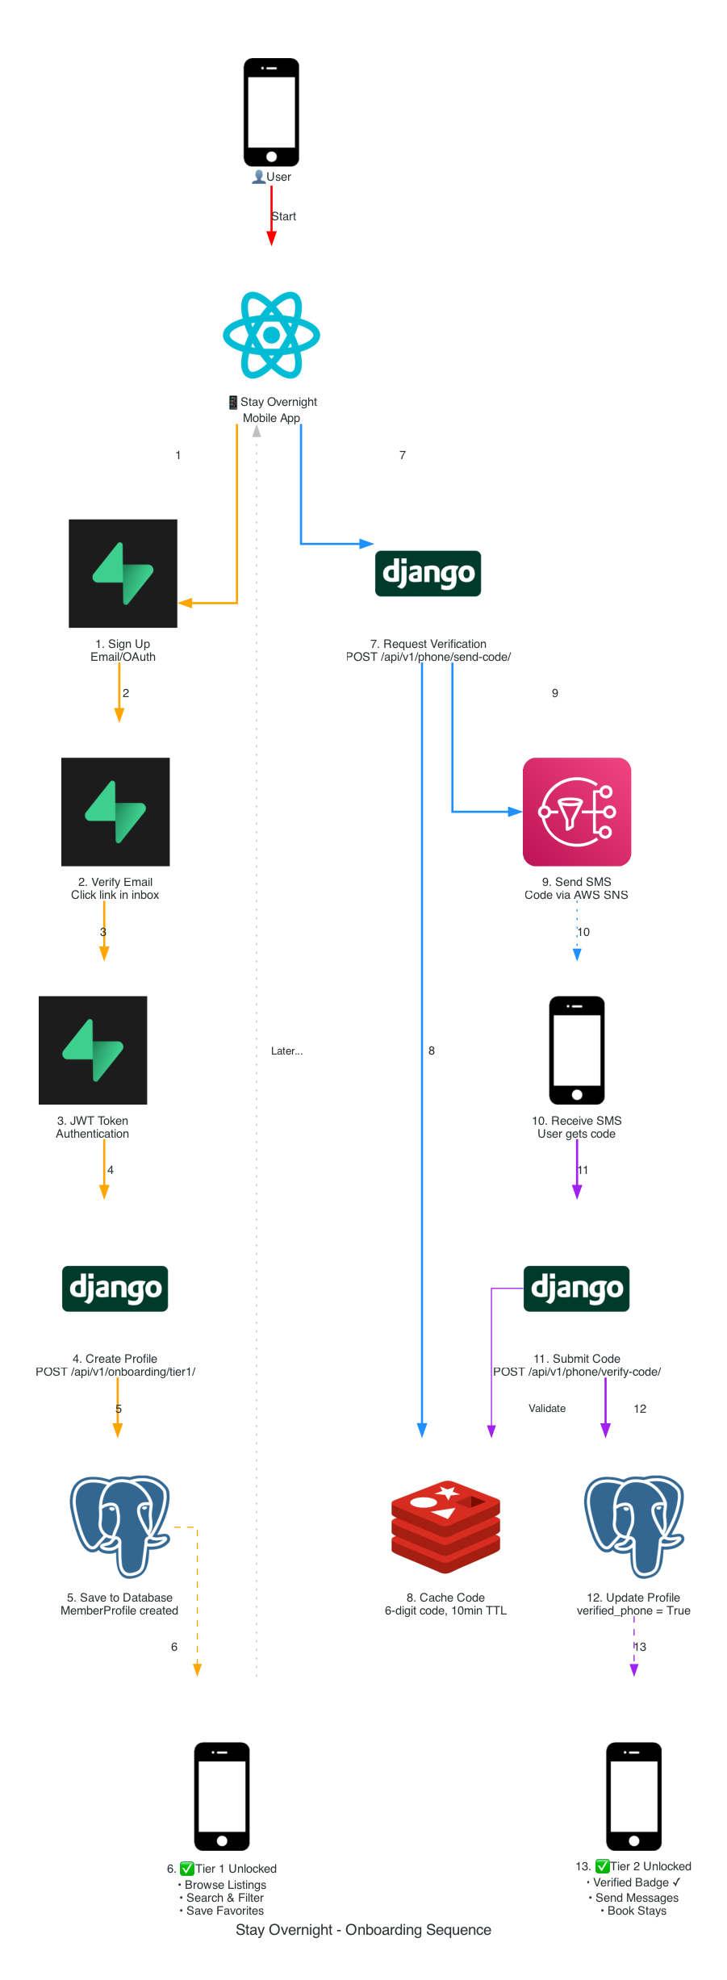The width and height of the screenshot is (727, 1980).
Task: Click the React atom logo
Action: point(271,335)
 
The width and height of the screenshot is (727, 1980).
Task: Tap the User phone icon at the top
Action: point(271,112)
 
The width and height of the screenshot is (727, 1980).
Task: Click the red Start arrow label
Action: point(283,216)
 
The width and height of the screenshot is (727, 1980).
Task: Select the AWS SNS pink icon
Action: point(576,812)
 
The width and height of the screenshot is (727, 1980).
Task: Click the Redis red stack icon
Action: point(445,1526)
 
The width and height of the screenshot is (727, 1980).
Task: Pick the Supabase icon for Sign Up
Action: point(123,574)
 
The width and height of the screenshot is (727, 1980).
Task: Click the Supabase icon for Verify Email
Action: point(115,812)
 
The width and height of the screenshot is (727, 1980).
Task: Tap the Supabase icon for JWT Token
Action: point(93,1050)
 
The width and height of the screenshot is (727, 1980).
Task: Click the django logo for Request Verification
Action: point(428,574)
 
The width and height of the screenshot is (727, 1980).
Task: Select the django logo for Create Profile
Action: point(115,1289)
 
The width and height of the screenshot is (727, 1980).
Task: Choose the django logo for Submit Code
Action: point(576,1289)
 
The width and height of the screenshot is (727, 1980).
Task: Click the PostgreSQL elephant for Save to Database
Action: point(120,1526)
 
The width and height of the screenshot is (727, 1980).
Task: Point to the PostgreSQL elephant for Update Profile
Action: point(633,1526)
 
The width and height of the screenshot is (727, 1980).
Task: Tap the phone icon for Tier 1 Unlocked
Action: point(222,1796)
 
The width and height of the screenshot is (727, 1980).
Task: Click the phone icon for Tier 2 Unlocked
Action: point(633,1796)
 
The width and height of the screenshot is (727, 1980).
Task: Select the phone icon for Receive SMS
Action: point(576,1050)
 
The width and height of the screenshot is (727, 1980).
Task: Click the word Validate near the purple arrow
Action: point(547,1408)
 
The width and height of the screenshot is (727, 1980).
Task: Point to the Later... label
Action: point(286,1051)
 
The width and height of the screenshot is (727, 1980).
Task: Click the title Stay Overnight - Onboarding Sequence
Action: point(363,1929)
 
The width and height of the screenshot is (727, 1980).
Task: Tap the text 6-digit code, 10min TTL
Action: point(445,1610)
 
